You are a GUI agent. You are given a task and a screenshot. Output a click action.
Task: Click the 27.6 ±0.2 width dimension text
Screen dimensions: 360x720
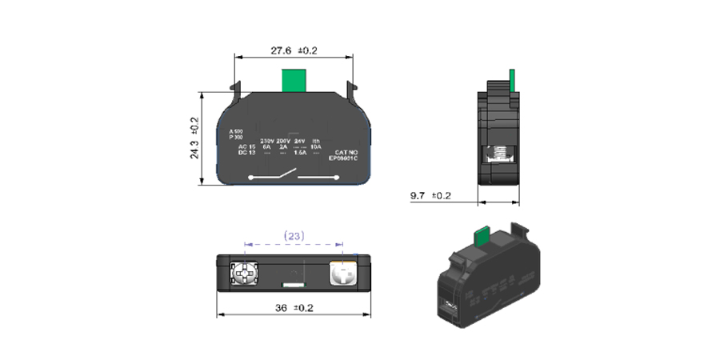pos(294,50)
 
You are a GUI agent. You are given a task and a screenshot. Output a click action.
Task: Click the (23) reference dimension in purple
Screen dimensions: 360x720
pos(293,236)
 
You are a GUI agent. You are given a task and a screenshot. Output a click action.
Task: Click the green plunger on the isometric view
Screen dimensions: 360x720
pos(483,235)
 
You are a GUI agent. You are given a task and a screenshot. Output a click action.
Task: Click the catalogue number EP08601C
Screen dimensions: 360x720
pos(344,158)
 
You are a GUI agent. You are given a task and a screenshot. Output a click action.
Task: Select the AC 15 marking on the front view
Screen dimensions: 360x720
pos(246,146)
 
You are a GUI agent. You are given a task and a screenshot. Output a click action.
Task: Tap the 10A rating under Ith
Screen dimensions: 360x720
pos(317,146)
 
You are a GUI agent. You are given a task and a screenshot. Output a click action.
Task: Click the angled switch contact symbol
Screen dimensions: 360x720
pos(284,174)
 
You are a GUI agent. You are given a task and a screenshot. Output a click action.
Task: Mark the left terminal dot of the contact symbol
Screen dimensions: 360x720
pos(252,178)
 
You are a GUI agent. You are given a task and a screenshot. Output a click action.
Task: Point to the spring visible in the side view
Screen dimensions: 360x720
pos(499,152)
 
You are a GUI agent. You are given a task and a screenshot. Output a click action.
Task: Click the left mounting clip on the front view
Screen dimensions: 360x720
pos(235,86)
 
